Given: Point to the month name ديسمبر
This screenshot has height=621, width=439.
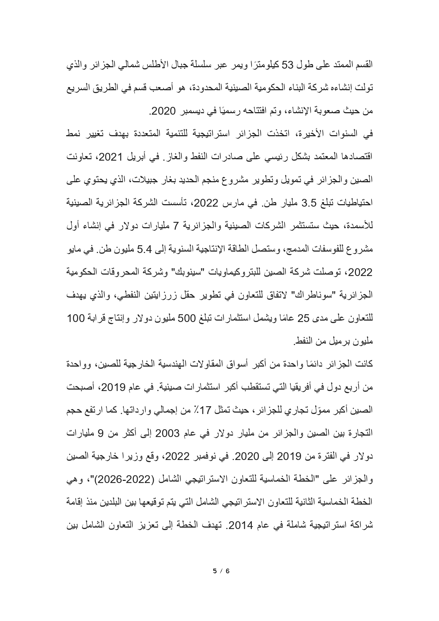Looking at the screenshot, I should (192, 111).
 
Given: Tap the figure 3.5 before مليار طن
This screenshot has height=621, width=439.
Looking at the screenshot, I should (311, 202).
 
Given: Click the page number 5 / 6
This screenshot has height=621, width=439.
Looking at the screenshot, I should (221, 570).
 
